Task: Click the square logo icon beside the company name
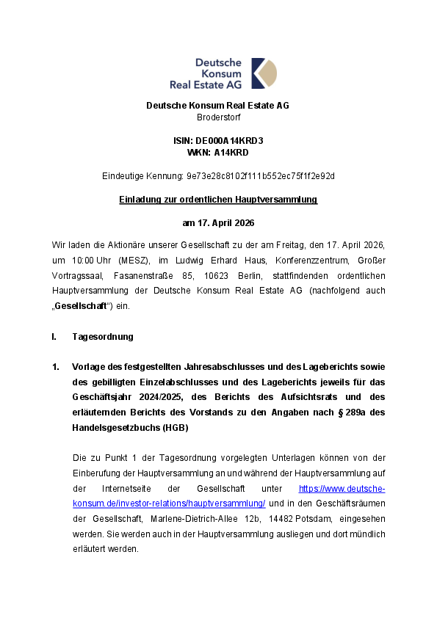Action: (x=264, y=73)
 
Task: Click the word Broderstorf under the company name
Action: (x=218, y=117)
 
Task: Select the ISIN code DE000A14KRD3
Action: (x=229, y=140)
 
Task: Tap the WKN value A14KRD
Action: (x=231, y=152)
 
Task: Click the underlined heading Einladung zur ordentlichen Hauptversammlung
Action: (x=218, y=199)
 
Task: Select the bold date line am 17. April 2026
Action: (x=218, y=222)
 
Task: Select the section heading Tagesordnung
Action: (x=103, y=337)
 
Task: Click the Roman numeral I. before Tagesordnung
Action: (x=54, y=337)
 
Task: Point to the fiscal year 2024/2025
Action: (x=154, y=397)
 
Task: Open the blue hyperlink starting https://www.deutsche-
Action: (x=342, y=488)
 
